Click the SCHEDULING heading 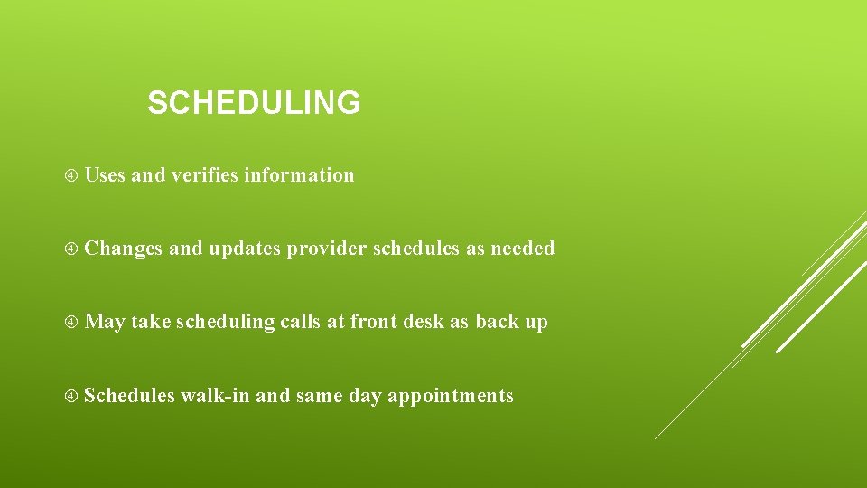[254, 103]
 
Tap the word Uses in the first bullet [105, 175]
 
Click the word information [299, 175]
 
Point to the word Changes [124, 249]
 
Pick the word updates [245, 249]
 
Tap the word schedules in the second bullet [415, 249]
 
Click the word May [105, 323]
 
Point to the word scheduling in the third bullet [225, 323]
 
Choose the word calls [300, 322]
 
